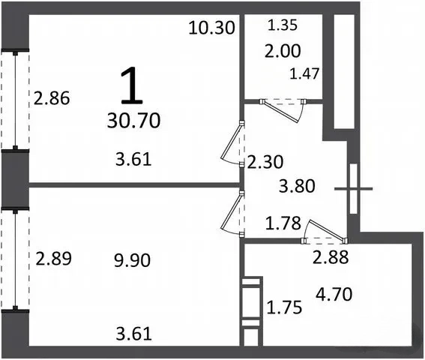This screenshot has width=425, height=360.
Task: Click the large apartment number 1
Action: [132, 86]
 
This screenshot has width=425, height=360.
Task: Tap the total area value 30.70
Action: [133, 121]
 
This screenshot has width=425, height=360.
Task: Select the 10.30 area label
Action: [211, 28]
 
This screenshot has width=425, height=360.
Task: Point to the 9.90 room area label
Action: [132, 260]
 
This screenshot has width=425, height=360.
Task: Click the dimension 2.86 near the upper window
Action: [52, 98]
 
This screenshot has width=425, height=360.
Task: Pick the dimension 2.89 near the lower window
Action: [54, 259]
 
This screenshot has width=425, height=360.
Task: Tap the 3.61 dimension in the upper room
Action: [133, 159]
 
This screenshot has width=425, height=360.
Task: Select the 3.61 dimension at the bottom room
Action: [134, 334]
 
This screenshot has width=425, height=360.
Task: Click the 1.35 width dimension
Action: [283, 25]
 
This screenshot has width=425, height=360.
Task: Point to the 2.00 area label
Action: [283, 51]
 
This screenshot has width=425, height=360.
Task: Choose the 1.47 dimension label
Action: [304, 73]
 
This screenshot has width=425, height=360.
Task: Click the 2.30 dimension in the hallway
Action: [265, 162]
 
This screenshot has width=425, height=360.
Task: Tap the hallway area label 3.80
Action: [297, 186]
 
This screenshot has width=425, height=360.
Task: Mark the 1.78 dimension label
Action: [283, 223]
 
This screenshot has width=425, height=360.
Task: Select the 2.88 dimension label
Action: [331, 257]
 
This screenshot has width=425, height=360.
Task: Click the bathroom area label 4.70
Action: [334, 294]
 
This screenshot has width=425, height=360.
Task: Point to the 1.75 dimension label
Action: [284, 307]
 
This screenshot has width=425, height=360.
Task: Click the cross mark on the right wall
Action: [354, 188]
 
